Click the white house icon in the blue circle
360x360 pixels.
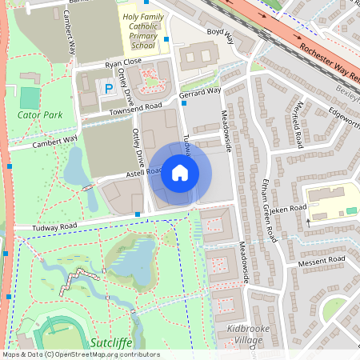180,173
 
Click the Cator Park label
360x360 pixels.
39,115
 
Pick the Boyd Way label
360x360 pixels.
219,36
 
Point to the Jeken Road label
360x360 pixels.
289,210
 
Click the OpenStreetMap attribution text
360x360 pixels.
81,354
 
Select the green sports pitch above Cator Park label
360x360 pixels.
29,98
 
